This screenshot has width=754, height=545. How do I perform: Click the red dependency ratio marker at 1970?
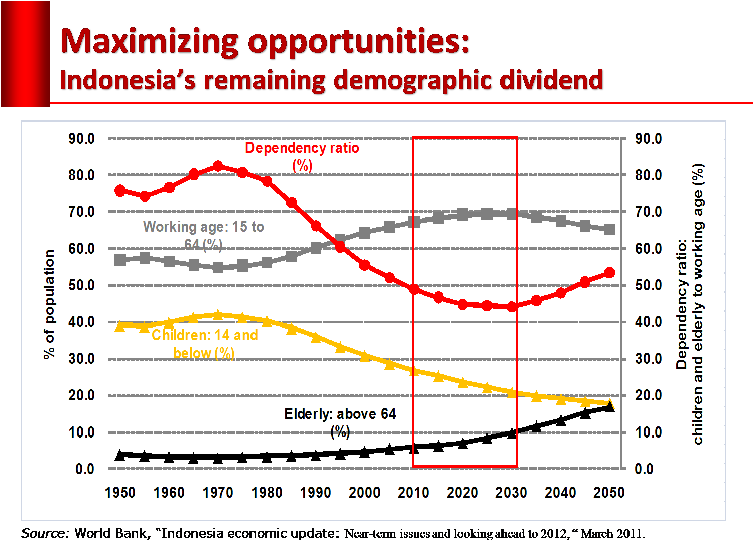coord(218,166)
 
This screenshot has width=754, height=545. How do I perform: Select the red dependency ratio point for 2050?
coord(609,273)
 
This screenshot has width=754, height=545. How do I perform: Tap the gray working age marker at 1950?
coord(120,260)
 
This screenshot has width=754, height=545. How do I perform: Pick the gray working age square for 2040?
coord(561,221)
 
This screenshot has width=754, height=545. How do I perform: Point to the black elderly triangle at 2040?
coord(561,420)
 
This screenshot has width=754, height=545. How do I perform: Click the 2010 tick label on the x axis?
coord(413,493)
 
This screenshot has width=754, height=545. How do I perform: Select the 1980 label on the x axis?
coord(267,493)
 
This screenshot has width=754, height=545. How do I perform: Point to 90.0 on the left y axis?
coord(81,139)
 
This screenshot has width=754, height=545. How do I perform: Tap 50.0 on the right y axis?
coord(648,285)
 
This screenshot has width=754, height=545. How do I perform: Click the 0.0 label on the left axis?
coord(85,469)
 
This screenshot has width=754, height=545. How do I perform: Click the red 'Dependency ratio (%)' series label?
coord(302,156)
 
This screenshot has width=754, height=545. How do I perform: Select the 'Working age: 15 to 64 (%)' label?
coord(203,235)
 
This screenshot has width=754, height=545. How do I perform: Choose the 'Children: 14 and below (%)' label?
coord(204,344)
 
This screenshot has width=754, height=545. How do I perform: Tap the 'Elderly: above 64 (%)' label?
coord(340,422)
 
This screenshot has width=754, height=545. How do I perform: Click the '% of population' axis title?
coord(49,304)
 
